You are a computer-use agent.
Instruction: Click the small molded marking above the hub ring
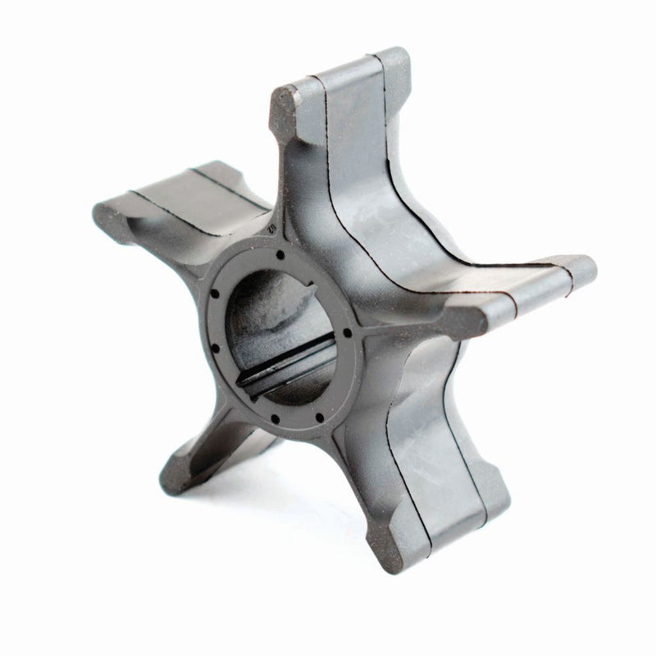[269, 222]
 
